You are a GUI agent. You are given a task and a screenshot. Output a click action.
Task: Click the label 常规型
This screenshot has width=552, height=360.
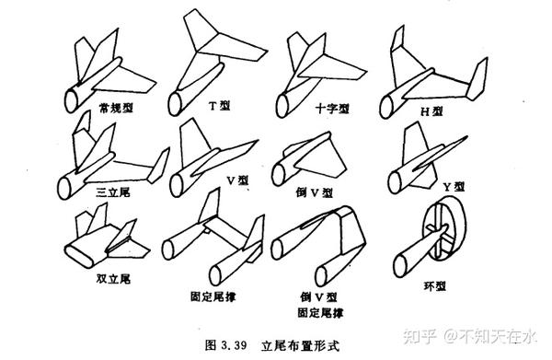click(x=116, y=108)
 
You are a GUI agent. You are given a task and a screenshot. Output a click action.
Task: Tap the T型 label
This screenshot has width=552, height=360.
click(x=219, y=105)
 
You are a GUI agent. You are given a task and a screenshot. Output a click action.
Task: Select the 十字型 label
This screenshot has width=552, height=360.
click(x=332, y=108)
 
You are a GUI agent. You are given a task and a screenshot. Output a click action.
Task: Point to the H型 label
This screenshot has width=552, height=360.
click(x=432, y=111)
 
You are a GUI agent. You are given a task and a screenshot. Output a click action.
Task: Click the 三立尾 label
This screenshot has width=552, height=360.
click(x=113, y=192)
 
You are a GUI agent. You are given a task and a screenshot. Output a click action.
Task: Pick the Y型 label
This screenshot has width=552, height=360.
click(x=454, y=186)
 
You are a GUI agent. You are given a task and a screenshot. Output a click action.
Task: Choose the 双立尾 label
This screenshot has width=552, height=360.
click(x=113, y=279)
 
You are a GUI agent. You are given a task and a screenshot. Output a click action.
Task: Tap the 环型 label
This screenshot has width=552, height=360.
click(x=435, y=285)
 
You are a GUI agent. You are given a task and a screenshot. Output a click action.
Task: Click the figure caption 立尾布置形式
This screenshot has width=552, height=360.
click(x=300, y=345)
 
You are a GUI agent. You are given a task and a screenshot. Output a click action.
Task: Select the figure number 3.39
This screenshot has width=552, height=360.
click(x=234, y=345)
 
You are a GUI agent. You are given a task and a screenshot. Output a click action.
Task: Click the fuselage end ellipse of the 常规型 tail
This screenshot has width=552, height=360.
click(x=72, y=100)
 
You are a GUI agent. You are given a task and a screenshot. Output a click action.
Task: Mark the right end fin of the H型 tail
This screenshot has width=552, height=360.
click(x=477, y=79)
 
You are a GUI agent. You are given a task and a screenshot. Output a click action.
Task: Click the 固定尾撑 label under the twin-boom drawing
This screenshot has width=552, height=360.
click(x=213, y=296)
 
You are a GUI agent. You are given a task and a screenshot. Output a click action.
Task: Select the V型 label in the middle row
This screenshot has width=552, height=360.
click(x=237, y=180)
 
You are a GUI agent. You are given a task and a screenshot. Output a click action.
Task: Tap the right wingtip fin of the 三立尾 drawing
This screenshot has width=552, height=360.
click(x=158, y=166)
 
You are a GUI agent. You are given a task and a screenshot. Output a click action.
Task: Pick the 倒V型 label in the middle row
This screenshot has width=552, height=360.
click(x=315, y=192)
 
